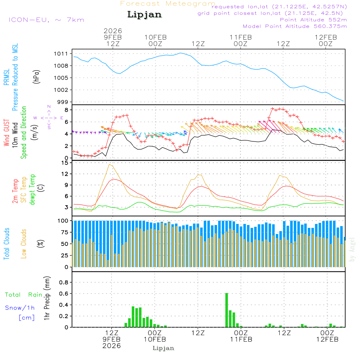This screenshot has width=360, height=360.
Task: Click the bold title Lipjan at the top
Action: (x=144, y=15)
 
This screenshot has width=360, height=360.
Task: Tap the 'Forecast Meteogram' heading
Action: (x=168, y=4)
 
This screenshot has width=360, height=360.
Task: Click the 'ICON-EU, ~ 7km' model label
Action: (x=46, y=20)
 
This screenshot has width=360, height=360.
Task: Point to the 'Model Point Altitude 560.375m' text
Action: (x=295, y=26)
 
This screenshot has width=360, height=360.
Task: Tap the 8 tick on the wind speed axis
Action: (x=67, y=110)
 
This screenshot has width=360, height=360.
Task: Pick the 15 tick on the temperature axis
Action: (x=65, y=163)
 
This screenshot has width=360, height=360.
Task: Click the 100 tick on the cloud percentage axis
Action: (x=63, y=221)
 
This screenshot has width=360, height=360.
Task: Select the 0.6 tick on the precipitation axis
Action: (x=64, y=294)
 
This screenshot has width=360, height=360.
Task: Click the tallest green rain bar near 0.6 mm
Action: (x=227, y=310)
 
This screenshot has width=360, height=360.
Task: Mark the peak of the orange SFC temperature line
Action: (x=109, y=165)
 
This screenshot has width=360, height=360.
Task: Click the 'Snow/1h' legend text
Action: (x=20, y=308)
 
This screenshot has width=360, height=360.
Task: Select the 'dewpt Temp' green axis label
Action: (x=33, y=190)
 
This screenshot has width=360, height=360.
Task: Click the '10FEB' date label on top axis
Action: (x=156, y=37)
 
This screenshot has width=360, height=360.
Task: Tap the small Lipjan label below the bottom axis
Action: (x=163, y=348)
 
